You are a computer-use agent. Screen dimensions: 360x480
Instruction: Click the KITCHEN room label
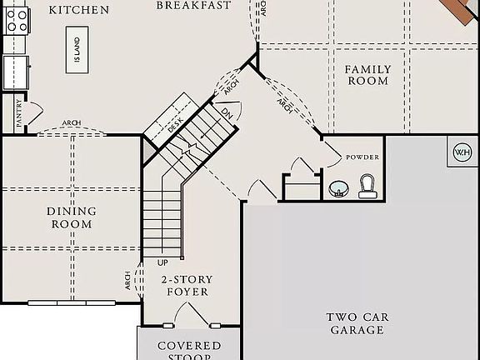click(79, 10)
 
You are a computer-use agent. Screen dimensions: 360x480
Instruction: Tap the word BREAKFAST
click(194, 5)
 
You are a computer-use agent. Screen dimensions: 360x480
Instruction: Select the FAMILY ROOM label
click(367, 74)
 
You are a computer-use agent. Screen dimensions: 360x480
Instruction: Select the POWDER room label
click(362, 157)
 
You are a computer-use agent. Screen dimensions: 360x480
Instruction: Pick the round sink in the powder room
click(339, 189)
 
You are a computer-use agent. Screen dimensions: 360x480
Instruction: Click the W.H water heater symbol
click(462, 152)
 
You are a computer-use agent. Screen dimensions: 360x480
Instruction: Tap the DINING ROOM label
click(71, 217)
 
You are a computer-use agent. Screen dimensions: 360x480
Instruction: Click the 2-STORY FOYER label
click(187, 286)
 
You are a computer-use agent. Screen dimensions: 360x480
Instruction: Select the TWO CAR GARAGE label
click(357, 323)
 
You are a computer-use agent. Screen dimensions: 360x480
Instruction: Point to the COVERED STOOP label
click(189, 350)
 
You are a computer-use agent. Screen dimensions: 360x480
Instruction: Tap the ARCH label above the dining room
click(71, 123)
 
